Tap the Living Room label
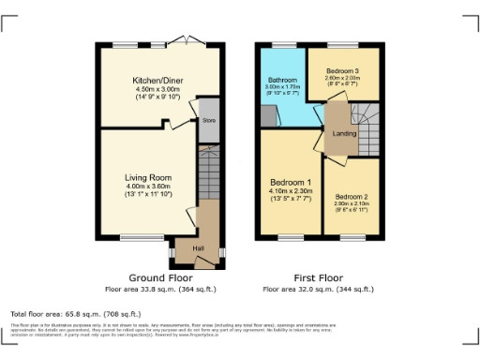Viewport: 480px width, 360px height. coord(148,176)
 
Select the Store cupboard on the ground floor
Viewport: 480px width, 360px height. coord(209,121)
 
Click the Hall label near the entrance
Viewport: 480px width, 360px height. coord(199,247)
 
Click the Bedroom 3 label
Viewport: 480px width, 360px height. coord(343,71)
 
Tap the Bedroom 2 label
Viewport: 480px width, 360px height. coord(352,196)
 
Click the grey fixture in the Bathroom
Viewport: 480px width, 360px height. coord(268,116)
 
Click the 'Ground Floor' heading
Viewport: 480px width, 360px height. coord(161,278)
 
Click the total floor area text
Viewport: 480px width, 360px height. coord(75,313)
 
